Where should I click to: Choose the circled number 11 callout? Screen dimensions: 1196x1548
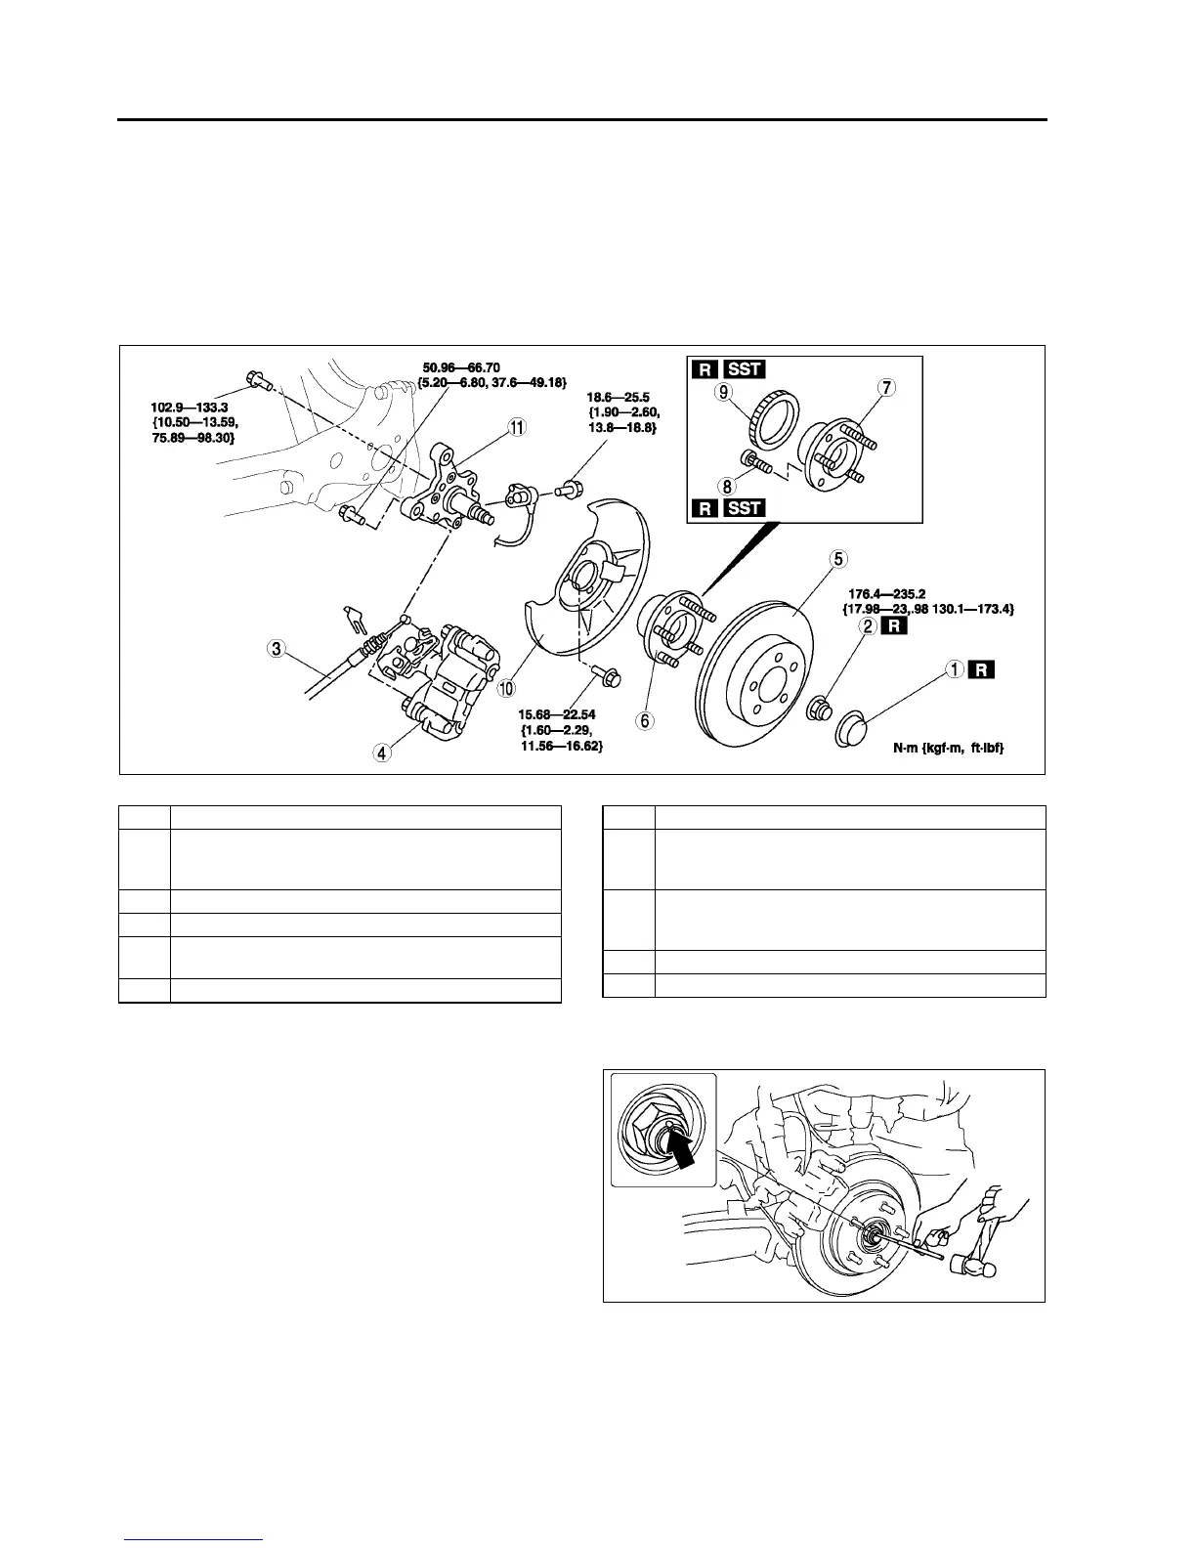(x=516, y=427)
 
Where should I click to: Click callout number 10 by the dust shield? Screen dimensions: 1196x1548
(x=506, y=689)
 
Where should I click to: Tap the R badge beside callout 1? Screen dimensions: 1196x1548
(x=983, y=670)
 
